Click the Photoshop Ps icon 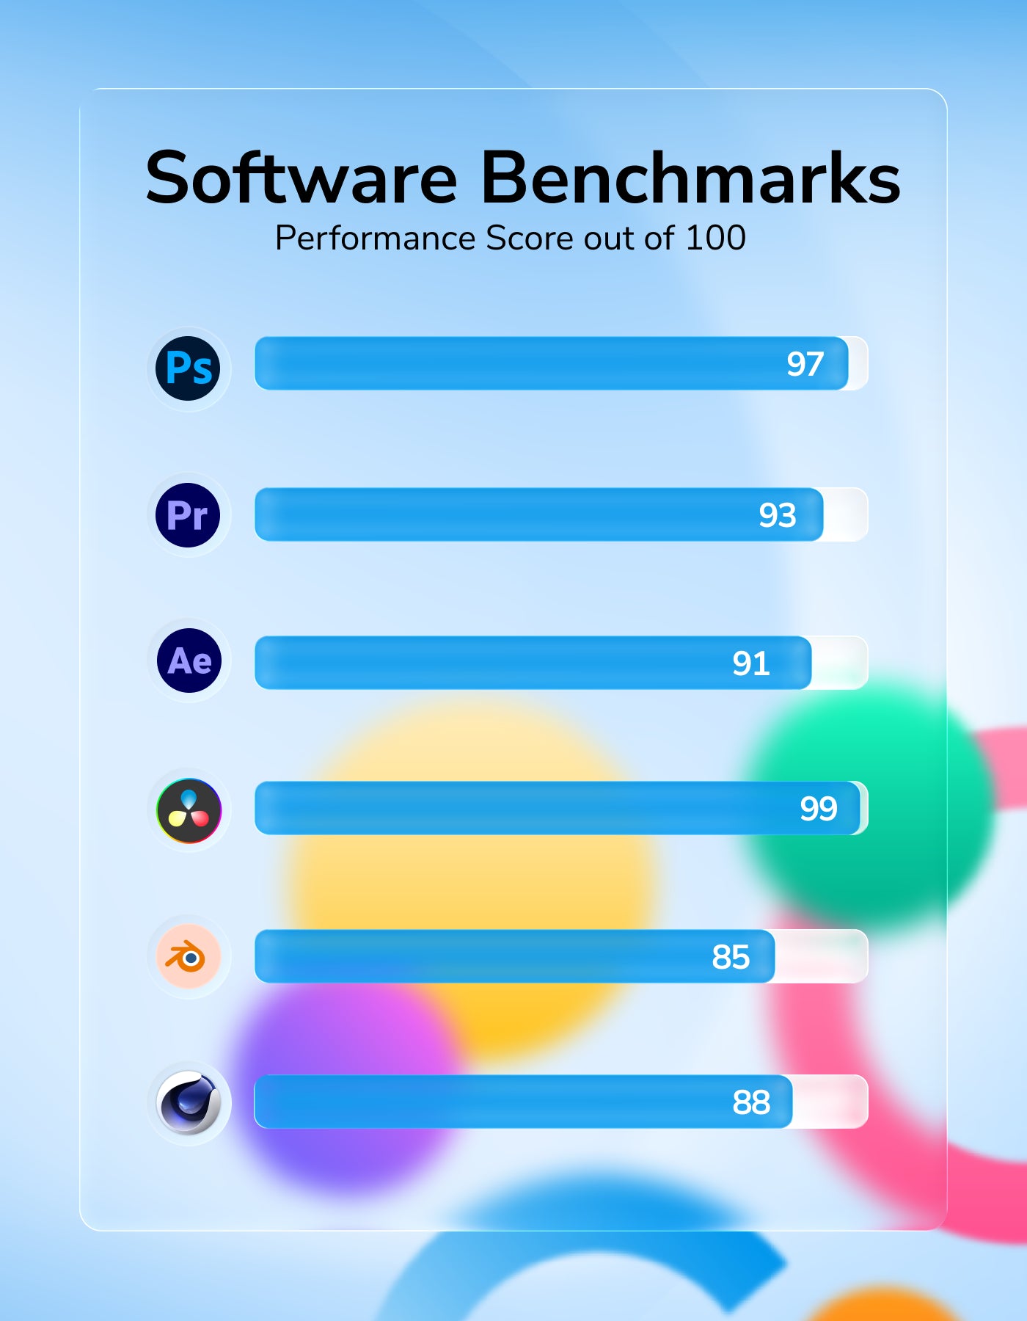189,368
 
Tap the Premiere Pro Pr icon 189,515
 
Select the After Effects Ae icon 189,660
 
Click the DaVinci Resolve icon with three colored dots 189,810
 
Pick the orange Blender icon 189,956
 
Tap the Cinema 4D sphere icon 189,1102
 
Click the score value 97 805,364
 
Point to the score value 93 777,515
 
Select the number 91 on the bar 750,663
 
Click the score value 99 818,809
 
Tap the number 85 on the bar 730,957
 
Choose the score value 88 750,1102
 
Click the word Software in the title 301,178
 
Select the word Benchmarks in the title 690,178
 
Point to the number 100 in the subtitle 715,238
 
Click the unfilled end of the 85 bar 821,956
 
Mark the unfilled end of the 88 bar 830,1102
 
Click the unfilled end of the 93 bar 845,514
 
